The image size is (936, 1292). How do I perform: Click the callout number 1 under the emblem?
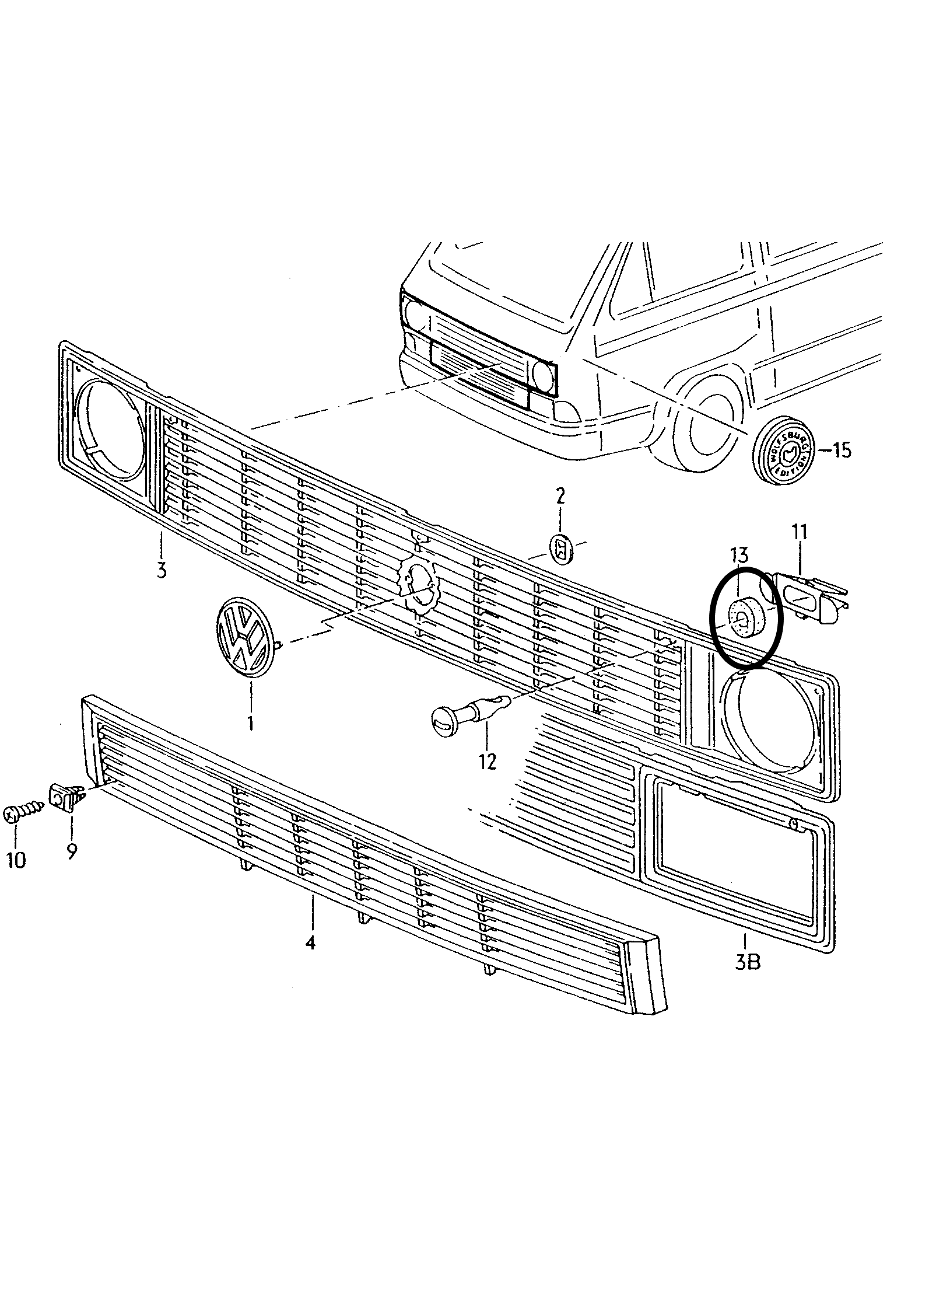point(250,723)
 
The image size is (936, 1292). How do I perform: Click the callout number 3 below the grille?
point(162,568)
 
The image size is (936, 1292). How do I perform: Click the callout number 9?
point(72,852)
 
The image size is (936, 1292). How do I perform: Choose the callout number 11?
point(799,533)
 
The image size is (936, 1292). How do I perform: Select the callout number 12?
point(488,761)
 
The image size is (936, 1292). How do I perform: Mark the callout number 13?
point(738,556)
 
